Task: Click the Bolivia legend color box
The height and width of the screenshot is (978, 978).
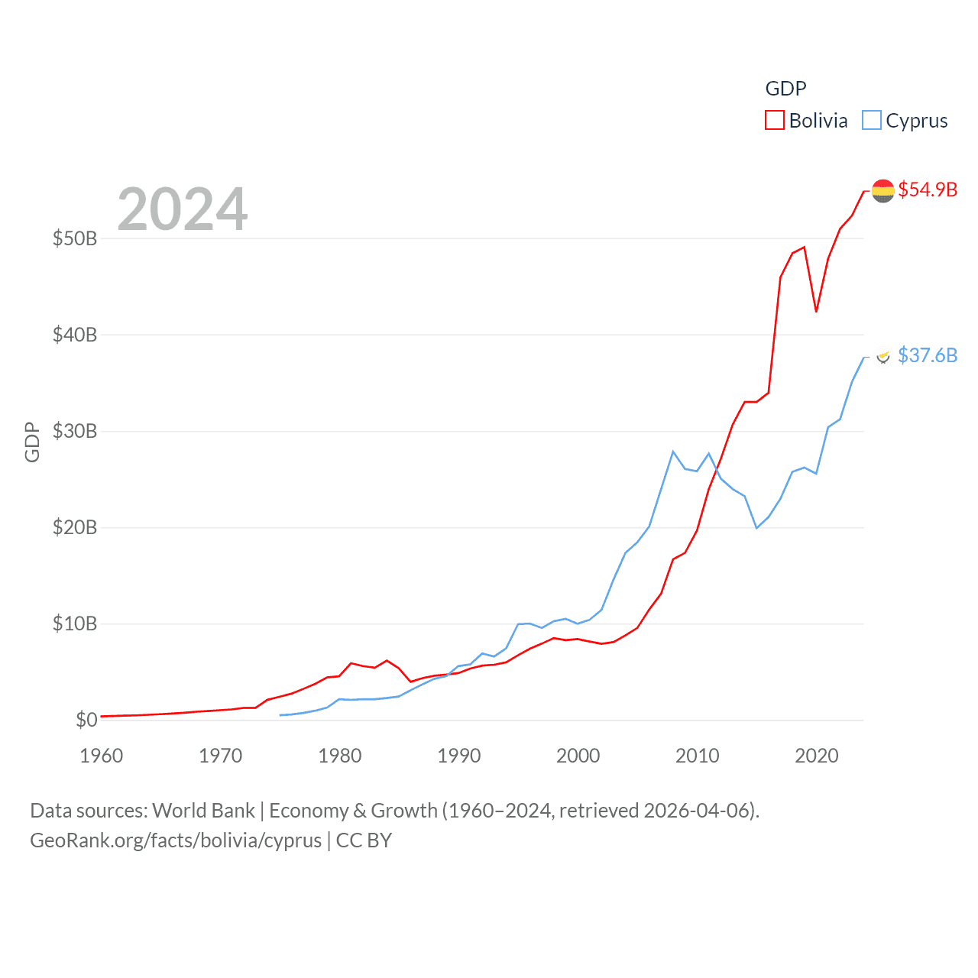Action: tap(775, 121)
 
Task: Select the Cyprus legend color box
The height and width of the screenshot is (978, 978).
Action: tap(872, 121)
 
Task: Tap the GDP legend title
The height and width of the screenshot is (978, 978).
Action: tap(785, 89)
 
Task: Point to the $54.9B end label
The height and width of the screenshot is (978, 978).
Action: tap(928, 189)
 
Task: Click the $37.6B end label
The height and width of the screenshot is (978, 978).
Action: tap(928, 355)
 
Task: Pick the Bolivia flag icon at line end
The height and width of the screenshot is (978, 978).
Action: tap(882, 190)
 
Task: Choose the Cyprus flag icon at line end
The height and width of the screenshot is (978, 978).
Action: tap(883, 356)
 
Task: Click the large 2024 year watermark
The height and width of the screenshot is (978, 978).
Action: tap(183, 209)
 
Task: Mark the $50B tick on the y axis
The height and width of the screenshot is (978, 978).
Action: tap(75, 238)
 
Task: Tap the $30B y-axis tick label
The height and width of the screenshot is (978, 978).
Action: tap(75, 431)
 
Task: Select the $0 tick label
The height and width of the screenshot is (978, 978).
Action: tap(86, 720)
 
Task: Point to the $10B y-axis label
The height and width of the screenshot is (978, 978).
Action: tap(75, 623)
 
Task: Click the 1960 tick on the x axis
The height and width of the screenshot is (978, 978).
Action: tap(102, 756)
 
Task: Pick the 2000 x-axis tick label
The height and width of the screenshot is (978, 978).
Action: tap(578, 756)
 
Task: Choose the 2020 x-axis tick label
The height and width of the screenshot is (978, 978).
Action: tap(817, 756)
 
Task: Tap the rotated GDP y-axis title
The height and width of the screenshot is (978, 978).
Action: tap(32, 442)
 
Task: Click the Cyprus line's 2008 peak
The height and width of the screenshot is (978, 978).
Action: tap(673, 452)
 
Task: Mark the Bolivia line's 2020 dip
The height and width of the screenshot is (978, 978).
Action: tap(816, 312)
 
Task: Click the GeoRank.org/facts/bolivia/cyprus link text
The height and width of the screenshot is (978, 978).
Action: tap(176, 840)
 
